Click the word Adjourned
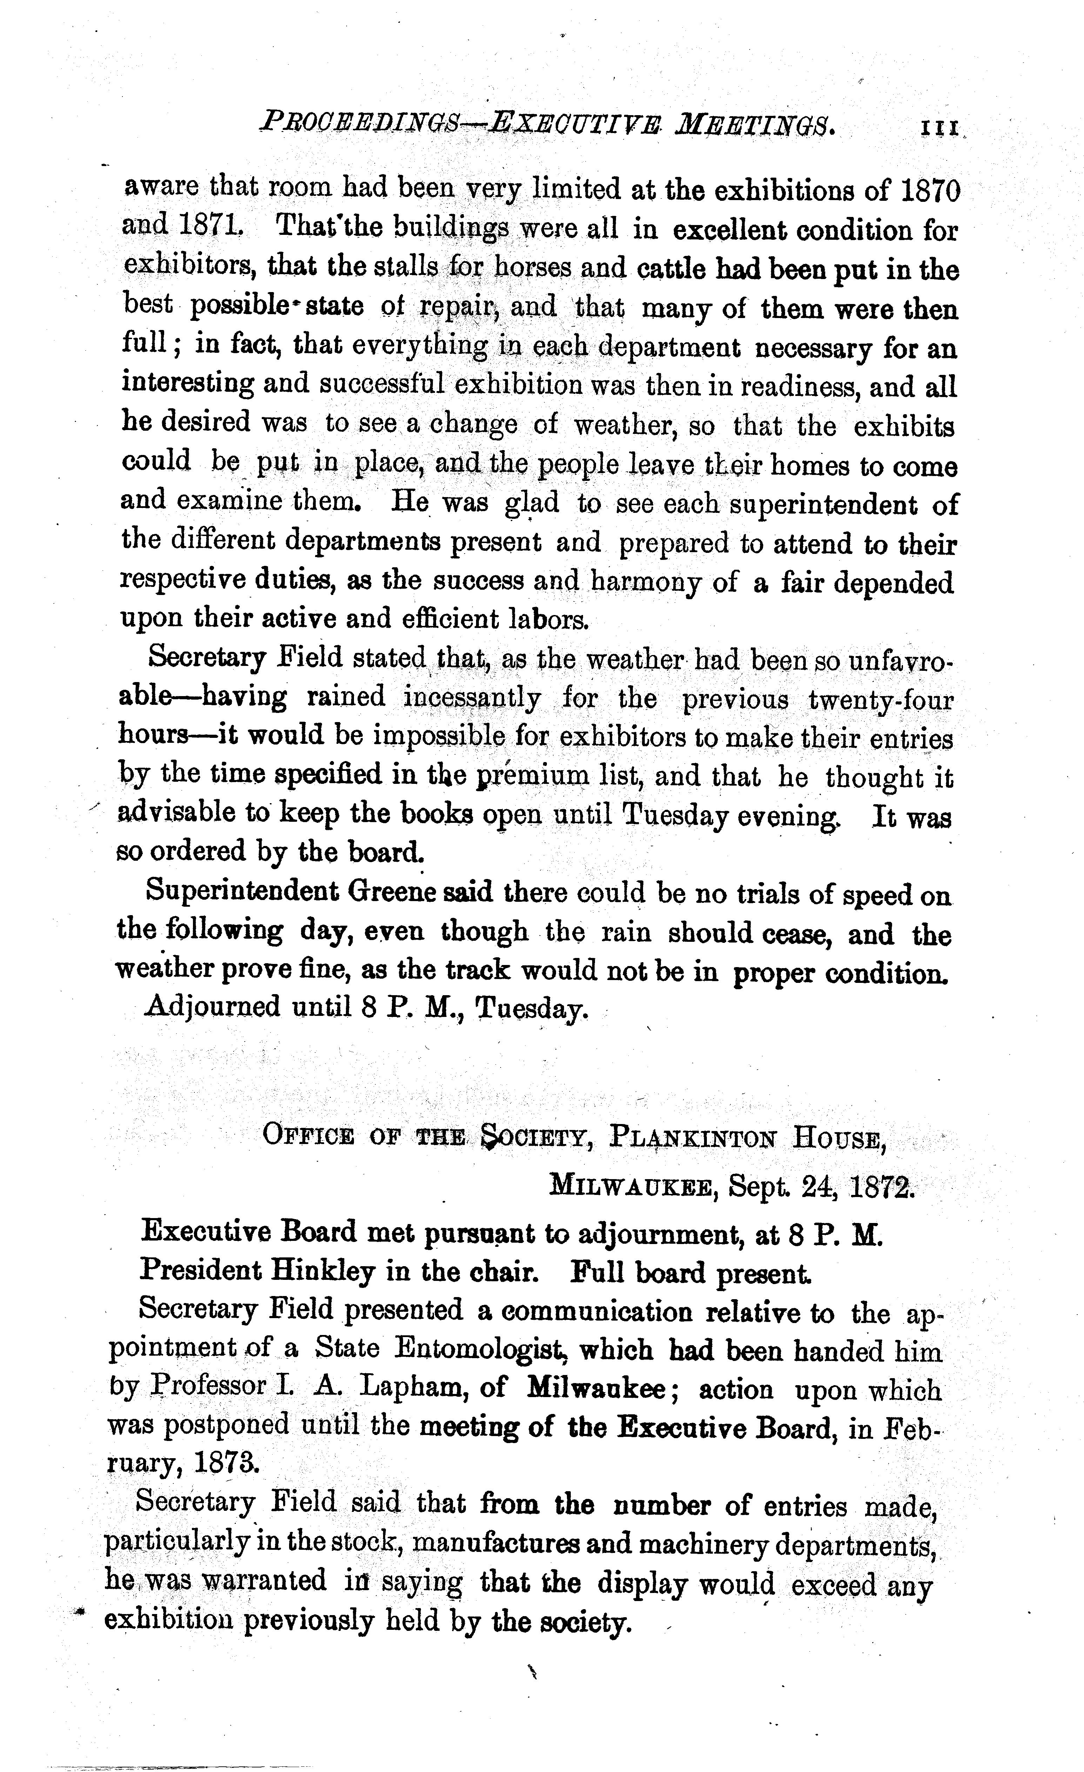pyautogui.click(x=213, y=1005)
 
